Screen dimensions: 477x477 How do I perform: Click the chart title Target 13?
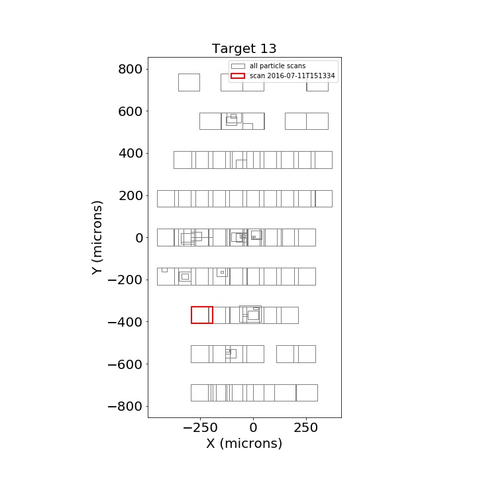[x=244, y=48]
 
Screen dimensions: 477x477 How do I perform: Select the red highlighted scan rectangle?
[x=191, y=315]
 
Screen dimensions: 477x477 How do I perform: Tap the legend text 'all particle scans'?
[x=278, y=66]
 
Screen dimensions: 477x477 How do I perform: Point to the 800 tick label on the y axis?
[x=131, y=69]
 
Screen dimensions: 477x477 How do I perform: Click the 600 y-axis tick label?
[x=131, y=111]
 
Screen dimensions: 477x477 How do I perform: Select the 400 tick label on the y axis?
[x=131, y=153]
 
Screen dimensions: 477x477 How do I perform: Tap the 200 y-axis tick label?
[x=131, y=195]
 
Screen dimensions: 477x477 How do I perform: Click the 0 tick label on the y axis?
[x=139, y=238]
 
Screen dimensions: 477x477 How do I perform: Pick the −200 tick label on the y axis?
[x=125, y=280]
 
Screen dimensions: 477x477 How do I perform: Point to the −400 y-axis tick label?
[x=125, y=322]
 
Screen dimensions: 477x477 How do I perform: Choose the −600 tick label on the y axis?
[x=125, y=364]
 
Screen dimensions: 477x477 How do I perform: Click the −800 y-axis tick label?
[x=125, y=406]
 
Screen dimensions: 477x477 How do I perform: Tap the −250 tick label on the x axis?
[x=200, y=428]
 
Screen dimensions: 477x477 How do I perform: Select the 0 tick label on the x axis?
[x=253, y=428]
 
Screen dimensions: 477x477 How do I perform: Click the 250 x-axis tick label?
[x=305, y=428]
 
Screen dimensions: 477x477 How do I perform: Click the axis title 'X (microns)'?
[x=244, y=443]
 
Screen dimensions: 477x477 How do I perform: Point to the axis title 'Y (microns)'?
[x=97, y=238]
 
